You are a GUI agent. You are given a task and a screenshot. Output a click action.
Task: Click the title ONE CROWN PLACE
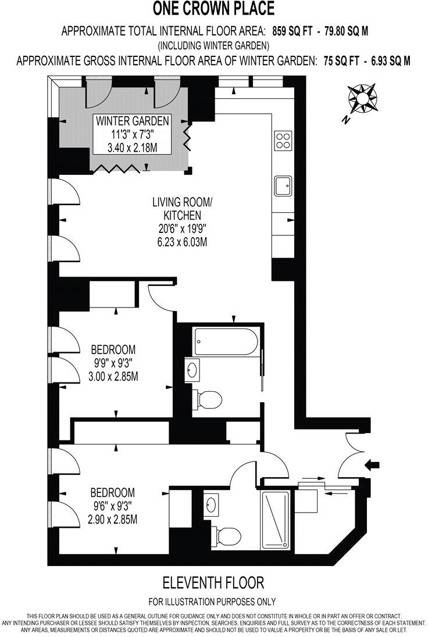tap(213, 9)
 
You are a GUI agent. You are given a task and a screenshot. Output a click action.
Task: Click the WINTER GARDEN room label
tap(133, 121)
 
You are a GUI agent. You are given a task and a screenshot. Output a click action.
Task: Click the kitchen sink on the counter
tap(283, 186)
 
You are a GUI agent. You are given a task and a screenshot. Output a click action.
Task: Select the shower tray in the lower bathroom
tap(276, 520)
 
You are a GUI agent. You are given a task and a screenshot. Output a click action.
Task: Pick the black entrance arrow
tap(372, 464)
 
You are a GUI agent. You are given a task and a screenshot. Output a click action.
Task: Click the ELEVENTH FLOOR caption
tap(213, 582)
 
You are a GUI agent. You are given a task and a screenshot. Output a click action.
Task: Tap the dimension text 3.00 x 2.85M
tap(114, 377)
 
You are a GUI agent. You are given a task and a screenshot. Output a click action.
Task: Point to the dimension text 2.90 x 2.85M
tap(113, 520)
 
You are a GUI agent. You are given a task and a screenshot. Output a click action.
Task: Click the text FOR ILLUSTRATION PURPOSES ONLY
tap(213, 602)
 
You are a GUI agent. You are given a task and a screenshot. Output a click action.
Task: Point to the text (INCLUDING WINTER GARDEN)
tap(213, 45)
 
